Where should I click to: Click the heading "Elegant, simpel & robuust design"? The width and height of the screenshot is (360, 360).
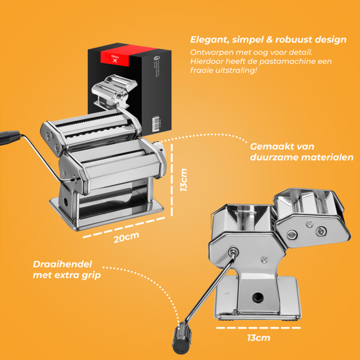269,40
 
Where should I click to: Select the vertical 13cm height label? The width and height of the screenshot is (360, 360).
184,179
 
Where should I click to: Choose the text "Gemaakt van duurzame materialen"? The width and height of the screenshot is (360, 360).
301,152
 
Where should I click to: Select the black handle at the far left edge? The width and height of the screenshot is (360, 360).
10,136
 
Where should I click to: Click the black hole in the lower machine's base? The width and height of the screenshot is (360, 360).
258,297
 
